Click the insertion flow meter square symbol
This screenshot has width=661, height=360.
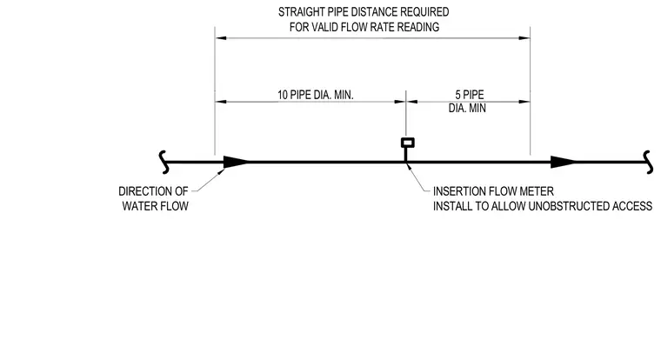[408, 143]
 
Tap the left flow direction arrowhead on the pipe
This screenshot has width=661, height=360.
[236, 162]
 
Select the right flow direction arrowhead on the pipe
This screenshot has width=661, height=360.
[564, 162]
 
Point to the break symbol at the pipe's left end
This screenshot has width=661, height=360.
[164, 163]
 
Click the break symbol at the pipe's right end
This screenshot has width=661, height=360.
[648, 163]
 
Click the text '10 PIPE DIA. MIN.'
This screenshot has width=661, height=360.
[316, 95]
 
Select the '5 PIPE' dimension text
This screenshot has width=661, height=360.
[469, 95]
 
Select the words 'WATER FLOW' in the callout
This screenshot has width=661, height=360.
[155, 206]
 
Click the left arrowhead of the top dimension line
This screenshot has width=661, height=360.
[220, 38]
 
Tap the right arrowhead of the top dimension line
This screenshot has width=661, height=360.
[524, 38]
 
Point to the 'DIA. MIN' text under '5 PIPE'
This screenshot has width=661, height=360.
[467, 109]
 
